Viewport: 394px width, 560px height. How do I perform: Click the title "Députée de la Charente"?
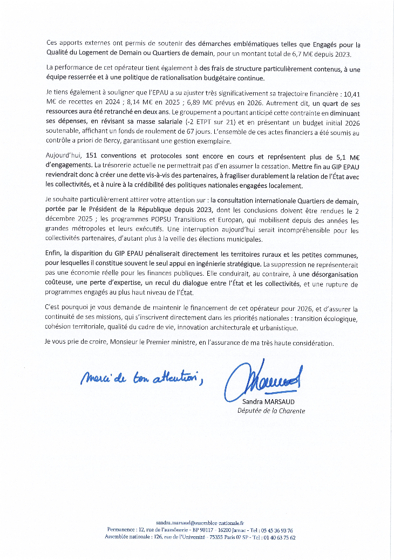coord(271,411)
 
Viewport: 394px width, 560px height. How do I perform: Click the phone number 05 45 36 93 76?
coord(276,530)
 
